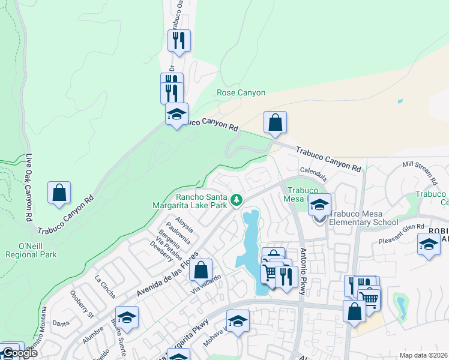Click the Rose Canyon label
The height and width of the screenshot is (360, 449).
241,93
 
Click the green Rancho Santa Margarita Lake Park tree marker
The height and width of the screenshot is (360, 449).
237,199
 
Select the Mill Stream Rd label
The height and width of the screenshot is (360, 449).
419,172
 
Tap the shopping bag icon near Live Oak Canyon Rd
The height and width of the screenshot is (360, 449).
59,193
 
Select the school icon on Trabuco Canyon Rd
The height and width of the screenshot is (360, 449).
176,114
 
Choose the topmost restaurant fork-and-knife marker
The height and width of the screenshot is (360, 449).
179,40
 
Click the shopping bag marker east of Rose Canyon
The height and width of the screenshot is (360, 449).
275,122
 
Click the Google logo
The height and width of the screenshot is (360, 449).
20,353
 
